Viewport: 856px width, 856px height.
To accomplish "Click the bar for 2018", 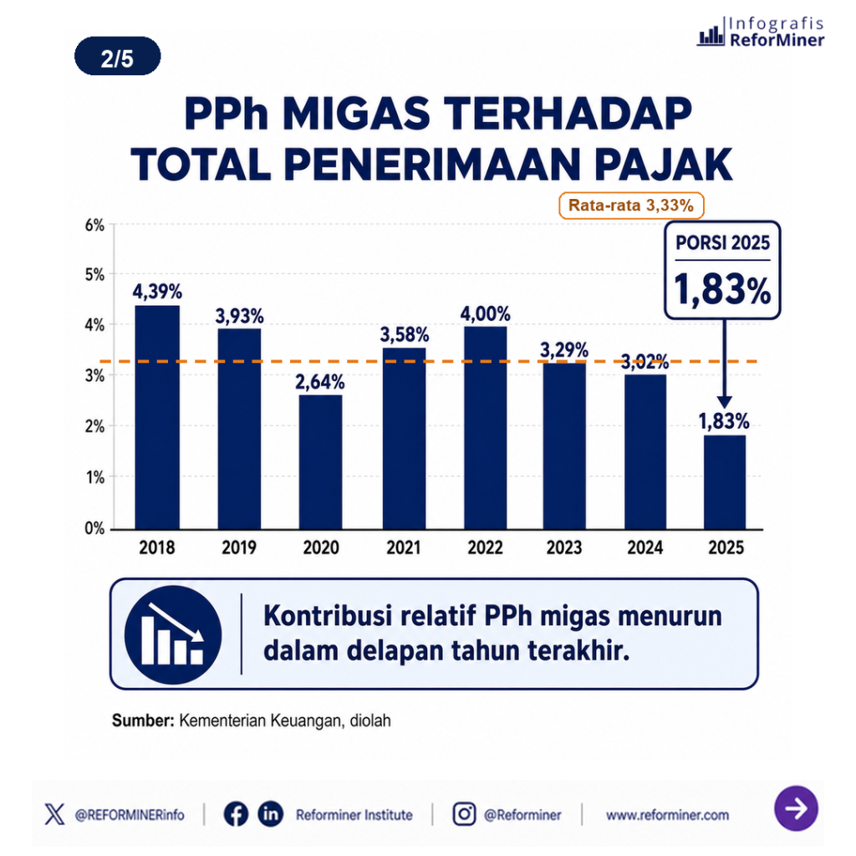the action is pyautogui.click(x=157, y=417).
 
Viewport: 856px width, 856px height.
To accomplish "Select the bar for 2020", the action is pyautogui.click(x=320, y=461).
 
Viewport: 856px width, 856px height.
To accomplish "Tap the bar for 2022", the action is pyautogui.click(x=486, y=427).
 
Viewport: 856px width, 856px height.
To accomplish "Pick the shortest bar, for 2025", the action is pyautogui.click(x=725, y=482).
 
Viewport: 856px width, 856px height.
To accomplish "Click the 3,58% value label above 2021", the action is pyautogui.click(x=405, y=334).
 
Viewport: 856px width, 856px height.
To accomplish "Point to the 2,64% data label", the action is pyautogui.click(x=320, y=382).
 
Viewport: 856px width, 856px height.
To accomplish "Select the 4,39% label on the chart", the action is pyautogui.click(x=157, y=292).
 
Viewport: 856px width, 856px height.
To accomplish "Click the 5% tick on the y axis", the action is pyautogui.click(x=94, y=274).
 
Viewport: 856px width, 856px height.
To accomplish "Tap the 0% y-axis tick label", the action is pyautogui.click(x=94, y=528).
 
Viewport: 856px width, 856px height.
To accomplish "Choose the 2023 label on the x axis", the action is pyautogui.click(x=564, y=548).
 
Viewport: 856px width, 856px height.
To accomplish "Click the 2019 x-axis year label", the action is pyautogui.click(x=239, y=548).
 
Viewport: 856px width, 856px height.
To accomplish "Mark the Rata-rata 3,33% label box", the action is pyautogui.click(x=631, y=206).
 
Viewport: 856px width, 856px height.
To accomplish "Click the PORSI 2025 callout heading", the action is pyautogui.click(x=723, y=243).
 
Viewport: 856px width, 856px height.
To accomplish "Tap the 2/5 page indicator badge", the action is pyautogui.click(x=117, y=56).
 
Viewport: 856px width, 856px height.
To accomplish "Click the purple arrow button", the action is pyautogui.click(x=796, y=808).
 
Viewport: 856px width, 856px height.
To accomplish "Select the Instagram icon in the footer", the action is pyautogui.click(x=464, y=814).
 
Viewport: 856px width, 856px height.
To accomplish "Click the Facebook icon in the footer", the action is pyautogui.click(x=236, y=814).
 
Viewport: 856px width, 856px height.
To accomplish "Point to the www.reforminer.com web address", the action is pyautogui.click(x=667, y=815).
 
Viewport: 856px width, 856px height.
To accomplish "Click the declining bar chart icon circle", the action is pyautogui.click(x=173, y=634).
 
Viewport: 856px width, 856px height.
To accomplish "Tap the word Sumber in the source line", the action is pyautogui.click(x=143, y=721).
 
